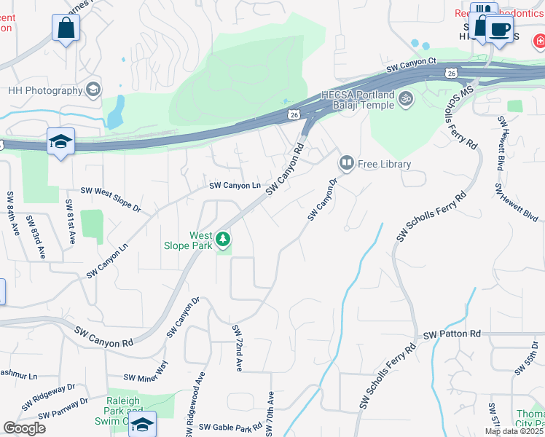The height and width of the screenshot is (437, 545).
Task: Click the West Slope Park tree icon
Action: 223,239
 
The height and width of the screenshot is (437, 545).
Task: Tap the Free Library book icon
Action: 347,163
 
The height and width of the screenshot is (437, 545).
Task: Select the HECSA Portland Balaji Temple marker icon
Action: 406,98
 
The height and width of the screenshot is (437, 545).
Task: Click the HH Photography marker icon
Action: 93,90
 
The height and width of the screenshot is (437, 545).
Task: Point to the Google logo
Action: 23,428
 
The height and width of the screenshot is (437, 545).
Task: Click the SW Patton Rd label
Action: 452,334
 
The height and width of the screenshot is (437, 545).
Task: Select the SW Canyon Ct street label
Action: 411,66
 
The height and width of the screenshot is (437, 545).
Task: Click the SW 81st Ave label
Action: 71,216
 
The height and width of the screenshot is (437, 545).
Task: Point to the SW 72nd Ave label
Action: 237,348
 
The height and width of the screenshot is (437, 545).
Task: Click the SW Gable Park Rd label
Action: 230,427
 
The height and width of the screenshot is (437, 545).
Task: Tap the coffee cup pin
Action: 499,29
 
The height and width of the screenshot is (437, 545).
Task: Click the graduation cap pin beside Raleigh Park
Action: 143,423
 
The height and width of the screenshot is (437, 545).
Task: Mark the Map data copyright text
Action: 514,431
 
